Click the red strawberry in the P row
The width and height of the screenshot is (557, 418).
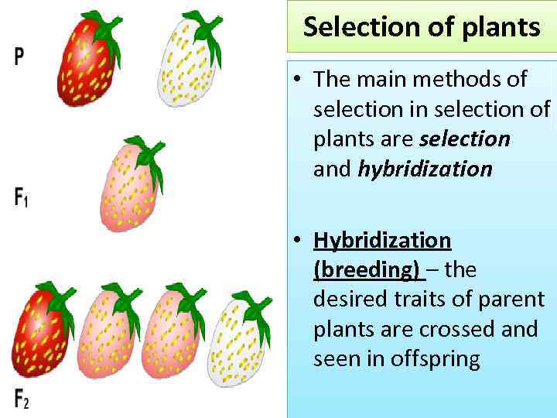tap(87, 66)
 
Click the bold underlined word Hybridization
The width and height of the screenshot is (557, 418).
tap(381, 240)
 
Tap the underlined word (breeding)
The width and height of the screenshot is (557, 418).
tap(367, 269)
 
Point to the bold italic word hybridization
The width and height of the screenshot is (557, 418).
tap(425, 169)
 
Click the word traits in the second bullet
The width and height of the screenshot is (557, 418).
tap(421, 300)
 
